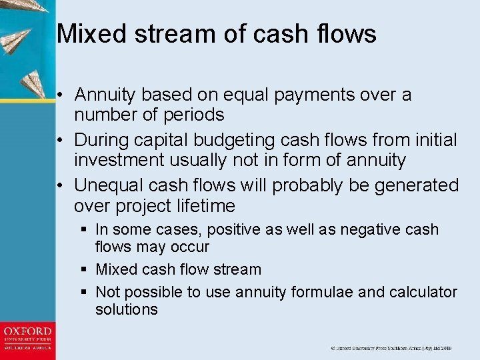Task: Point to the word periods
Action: (x=192, y=115)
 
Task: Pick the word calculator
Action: (x=420, y=292)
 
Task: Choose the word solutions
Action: (x=127, y=309)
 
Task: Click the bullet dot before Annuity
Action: (x=60, y=95)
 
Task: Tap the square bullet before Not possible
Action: (x=84, y=292)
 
